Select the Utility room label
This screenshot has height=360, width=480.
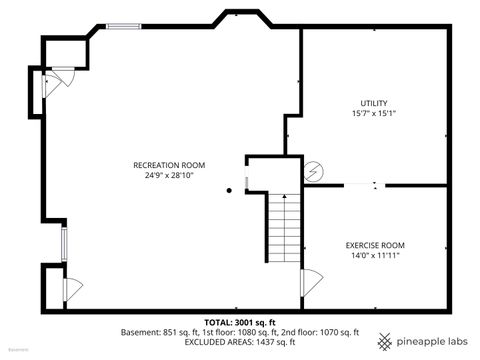(x=374, y=103)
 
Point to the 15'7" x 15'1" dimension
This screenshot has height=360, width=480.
(x=374, y=113)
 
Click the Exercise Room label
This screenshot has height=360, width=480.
(x=375, y=245)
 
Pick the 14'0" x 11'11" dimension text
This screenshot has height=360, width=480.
(x=375, y=255)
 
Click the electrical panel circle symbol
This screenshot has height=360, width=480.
(x=314, y=171)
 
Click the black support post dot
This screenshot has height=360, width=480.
(x=229, y=190)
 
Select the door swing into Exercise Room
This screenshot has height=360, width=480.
(x=309, y=282)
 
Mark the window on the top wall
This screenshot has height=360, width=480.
(x=123, y=26)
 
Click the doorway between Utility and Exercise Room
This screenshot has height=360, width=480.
(x=360, y=184)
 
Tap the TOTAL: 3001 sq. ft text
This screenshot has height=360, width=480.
(x=240, y=322)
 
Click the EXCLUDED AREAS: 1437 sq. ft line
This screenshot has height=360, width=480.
(x=240, y=341)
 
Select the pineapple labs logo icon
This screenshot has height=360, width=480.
(x=386, y=337)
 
